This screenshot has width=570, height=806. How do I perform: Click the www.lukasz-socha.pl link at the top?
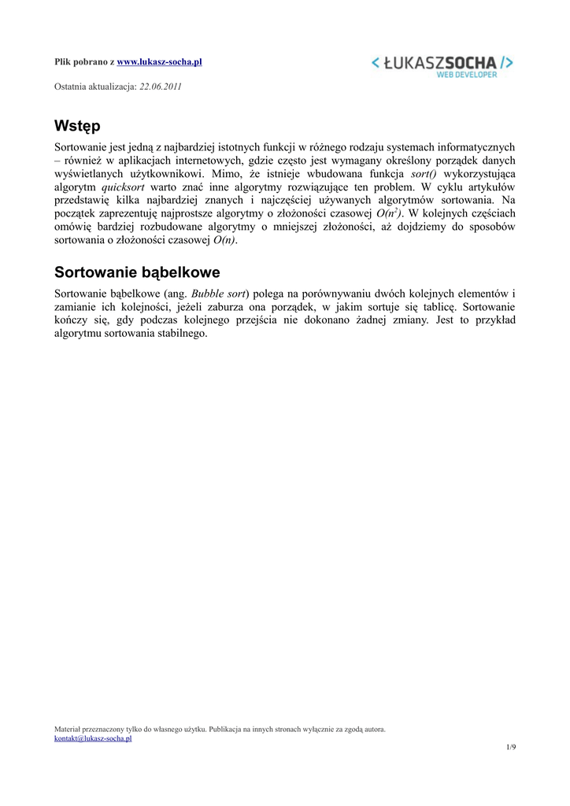[x=160, y=61]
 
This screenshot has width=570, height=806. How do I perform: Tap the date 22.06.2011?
[x=161, y=86]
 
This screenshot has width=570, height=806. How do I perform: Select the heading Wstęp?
[x=77, y=126]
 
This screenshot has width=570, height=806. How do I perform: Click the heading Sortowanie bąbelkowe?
[x=137, y=272]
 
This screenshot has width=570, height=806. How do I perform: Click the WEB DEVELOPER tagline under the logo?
[x=467, y=75]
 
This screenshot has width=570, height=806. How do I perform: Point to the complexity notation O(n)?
[x=224, y=240]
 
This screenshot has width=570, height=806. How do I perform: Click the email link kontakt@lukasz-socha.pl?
[x=93, y=739]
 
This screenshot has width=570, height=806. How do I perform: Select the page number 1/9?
[x=511, y=747]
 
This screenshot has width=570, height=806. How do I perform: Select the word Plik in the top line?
[x=62, y=61]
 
